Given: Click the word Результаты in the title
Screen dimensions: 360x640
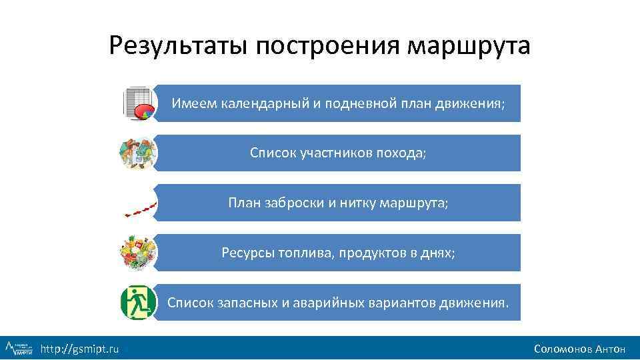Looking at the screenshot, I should click(177, 46).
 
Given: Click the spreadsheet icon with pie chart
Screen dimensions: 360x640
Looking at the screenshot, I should click(138, 103).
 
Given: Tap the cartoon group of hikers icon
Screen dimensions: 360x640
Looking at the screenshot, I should click(138, 153).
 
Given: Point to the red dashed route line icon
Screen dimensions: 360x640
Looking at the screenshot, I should click(141, 208).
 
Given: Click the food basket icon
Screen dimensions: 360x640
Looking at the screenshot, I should click(138, 253).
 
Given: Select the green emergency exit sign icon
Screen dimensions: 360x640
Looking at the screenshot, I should click(138, 303).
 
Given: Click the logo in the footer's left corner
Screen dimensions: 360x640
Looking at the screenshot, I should click(19, 347).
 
